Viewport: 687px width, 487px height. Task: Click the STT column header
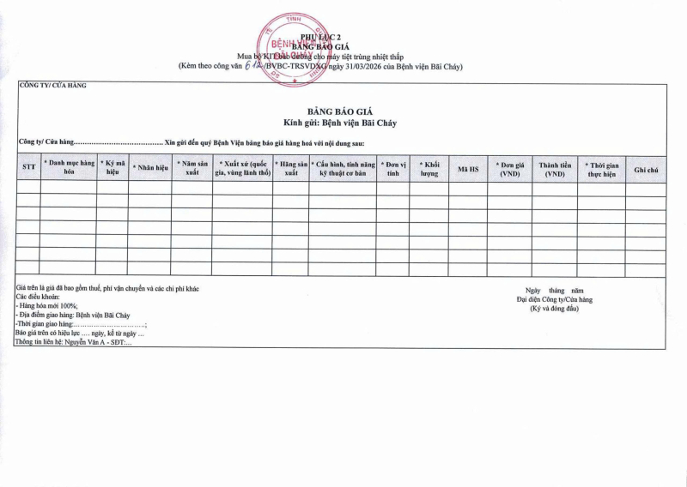28,167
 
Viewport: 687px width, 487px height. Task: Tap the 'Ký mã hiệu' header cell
112,167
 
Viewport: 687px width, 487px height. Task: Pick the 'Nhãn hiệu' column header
150,167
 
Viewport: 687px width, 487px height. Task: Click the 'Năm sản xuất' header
192,167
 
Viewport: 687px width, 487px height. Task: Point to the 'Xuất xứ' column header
243,167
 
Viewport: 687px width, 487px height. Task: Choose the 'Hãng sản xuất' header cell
291,167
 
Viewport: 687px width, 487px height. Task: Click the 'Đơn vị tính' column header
393,167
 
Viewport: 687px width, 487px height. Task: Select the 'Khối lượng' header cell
429,167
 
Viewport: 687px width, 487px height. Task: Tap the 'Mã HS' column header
467,168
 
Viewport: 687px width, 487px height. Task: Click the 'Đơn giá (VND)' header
509,167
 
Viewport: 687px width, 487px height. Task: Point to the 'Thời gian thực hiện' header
601,167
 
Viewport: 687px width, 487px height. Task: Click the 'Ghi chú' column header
646,168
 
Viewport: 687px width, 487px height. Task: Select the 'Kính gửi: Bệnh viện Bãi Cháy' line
341,123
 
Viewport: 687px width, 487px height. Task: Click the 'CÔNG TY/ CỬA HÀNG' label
52,86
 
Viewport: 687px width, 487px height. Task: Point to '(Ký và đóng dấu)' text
555,309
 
